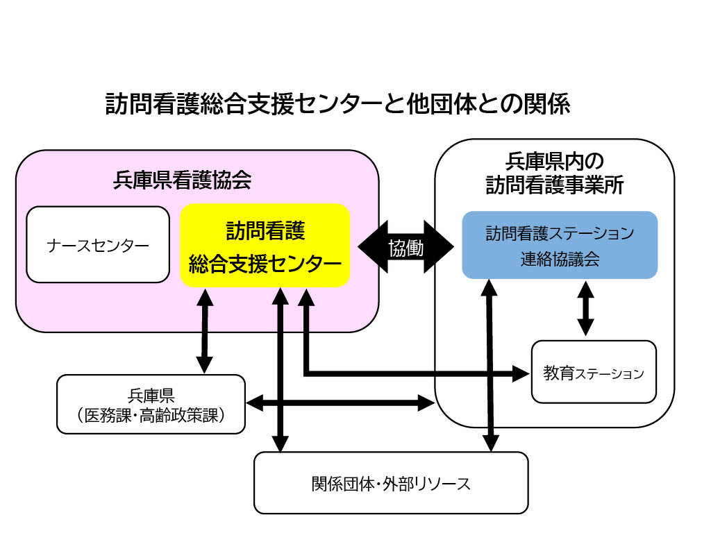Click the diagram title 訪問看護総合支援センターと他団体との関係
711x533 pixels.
point(337,104)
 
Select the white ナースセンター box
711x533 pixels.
point(98,245)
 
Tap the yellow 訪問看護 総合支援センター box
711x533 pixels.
point(265,245)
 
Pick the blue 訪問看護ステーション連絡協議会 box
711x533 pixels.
point(560,245)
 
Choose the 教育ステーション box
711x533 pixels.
point(594,372)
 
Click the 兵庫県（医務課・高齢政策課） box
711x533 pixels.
point(151,404)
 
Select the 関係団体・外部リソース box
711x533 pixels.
point(391,483)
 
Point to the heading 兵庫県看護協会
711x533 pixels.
point(181,181)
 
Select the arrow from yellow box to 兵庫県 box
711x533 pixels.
point(204,330)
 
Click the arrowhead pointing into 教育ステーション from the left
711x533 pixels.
point(522,373)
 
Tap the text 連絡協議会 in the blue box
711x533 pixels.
point(560,260)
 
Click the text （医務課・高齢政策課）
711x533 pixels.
point(151,414)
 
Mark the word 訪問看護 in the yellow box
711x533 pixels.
point(265,230)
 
